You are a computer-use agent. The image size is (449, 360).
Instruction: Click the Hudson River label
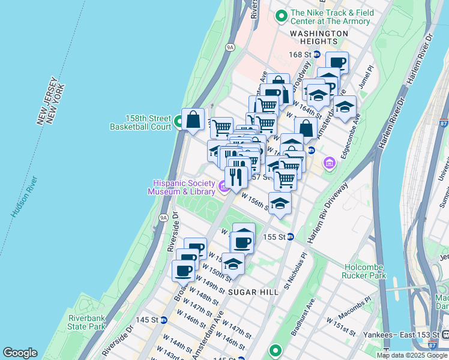click(x=24, y=197)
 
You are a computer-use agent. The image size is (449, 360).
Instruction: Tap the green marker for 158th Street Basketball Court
click(x=179, y=122)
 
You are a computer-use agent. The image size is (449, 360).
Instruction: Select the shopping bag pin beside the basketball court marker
click(x=194, y=120)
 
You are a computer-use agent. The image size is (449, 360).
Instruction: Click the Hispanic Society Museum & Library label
click(x=184, y=187)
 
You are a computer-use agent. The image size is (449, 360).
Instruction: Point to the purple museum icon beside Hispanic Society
click(x=224, y=188)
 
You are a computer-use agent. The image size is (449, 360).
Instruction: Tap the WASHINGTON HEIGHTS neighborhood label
click(x=318, y=37)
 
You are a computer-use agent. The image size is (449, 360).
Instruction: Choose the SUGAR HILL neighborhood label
click(x=253, y=291)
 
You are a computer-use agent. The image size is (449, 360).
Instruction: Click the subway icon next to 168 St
click(x=316, y=55)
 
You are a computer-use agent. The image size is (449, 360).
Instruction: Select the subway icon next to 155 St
click(x=289, y=237)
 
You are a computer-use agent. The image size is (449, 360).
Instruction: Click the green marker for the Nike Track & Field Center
click(x=280, y=17)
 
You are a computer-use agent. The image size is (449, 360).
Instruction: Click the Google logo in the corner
click(x=19, y=353)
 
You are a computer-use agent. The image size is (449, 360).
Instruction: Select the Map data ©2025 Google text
click(x=412, y=355)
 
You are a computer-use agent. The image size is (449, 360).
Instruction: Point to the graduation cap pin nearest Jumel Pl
click(x=345, y=108)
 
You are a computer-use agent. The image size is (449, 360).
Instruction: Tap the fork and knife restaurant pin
click(x=237, y=176)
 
